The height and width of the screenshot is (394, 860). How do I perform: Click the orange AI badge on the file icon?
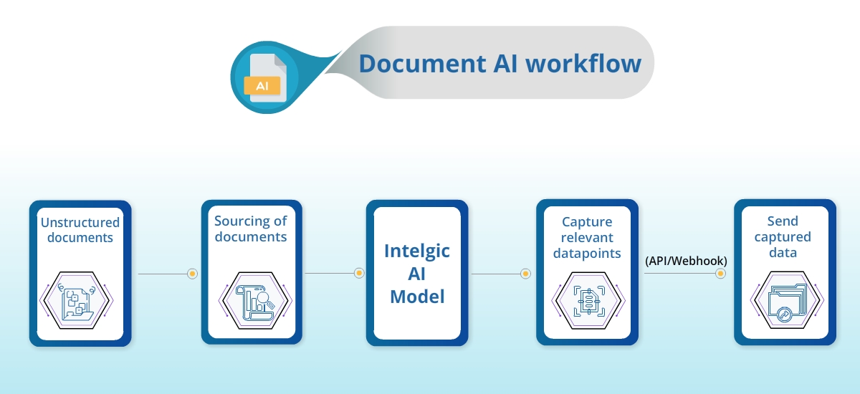[x=262, y=85]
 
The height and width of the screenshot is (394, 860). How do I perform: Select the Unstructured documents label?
[x=80, y=229]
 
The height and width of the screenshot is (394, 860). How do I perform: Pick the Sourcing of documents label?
[x=251, y=229]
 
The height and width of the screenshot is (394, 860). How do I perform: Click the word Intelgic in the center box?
[x=416, y=251]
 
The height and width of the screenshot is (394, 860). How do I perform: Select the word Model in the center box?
[x=416, y=297]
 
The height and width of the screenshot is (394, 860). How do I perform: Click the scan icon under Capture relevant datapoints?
[x=587, y=299]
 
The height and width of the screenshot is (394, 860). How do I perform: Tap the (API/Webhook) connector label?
[x=686, y=261]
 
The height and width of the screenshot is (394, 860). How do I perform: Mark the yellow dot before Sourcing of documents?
[x=192, y=274]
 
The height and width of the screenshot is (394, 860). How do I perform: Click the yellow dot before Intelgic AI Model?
[x=359, y=273]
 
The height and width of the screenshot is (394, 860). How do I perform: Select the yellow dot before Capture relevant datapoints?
[x=525, y=274]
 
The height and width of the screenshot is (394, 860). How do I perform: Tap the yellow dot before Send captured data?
[x=722, y=274]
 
